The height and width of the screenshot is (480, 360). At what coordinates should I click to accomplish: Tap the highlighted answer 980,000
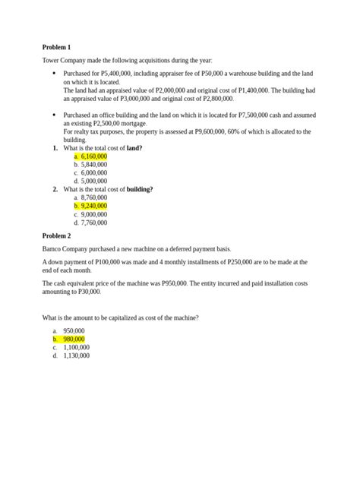click(74, 339)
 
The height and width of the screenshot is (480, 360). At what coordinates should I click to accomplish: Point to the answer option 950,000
click(74, 331)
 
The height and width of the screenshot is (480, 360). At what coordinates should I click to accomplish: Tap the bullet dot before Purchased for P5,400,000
click(54, 74)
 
